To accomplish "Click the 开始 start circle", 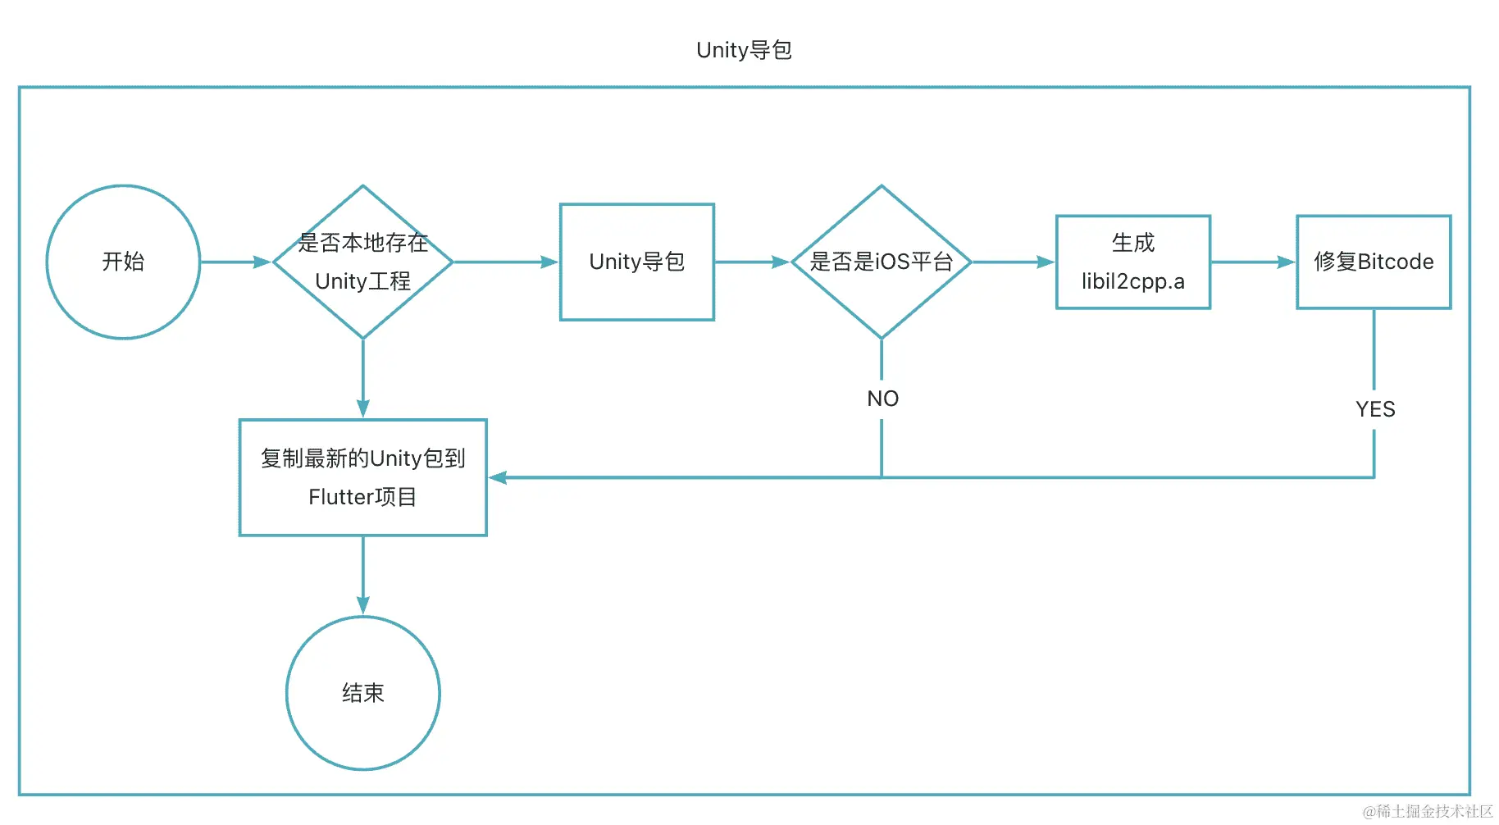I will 123,262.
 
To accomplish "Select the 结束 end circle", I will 362,693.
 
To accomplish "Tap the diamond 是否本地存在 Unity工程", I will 362,262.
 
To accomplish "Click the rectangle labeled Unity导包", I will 636,262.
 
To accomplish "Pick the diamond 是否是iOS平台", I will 881,262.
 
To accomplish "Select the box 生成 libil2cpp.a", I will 1132,262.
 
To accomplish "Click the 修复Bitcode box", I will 1373,262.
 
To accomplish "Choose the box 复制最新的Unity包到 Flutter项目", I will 362,477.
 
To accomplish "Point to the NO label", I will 882,399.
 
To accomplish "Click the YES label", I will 1374,409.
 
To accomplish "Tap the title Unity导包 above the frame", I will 744,50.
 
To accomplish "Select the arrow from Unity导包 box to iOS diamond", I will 751,262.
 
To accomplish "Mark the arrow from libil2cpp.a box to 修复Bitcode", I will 1252,262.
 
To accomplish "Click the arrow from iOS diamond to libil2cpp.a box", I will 1013,262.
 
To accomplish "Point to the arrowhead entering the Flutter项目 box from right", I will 498,477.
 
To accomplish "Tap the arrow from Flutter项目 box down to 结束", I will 362,575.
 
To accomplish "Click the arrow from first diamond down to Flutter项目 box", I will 362,377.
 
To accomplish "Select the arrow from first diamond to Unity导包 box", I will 505,262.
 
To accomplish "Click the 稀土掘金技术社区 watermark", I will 1428,811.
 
